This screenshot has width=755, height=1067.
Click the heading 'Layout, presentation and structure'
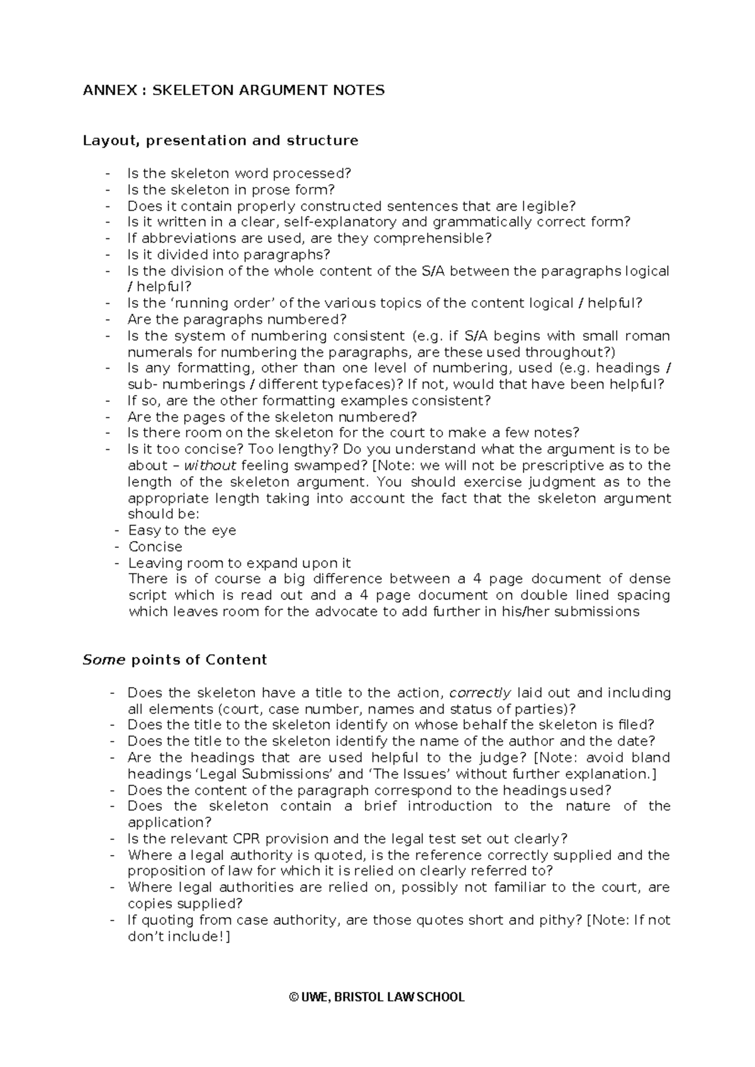coord(220,140)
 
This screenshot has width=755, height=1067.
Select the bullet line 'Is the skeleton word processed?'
coord(238,173)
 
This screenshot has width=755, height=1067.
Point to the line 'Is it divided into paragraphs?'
coord(228,255)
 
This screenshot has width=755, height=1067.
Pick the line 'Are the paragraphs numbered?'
coord(237,320)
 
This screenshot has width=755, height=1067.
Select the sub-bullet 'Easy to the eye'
coord(182,530)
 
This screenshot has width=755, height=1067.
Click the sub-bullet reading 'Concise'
coord(155,547)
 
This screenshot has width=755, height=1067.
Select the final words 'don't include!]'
coord(179,937)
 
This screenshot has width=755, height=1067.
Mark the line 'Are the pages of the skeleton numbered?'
coord(272,417)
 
